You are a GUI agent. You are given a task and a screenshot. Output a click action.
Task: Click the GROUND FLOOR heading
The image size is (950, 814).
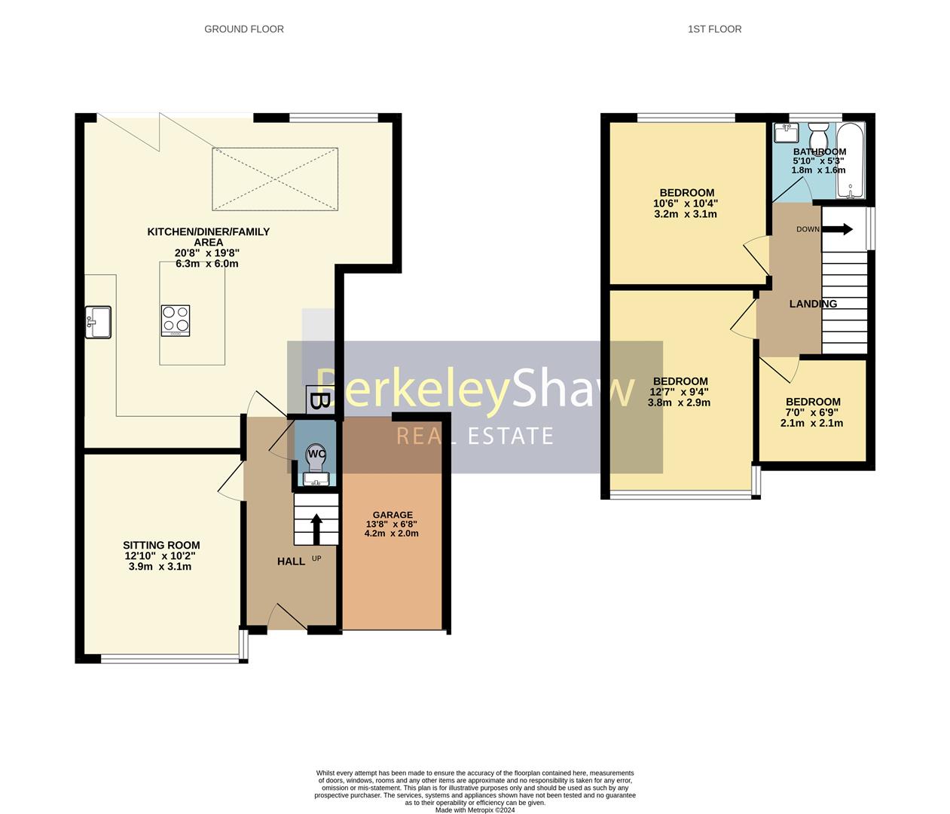tap(244, 29)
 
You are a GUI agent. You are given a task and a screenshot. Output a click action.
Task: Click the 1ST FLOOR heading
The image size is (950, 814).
tap(714, 29)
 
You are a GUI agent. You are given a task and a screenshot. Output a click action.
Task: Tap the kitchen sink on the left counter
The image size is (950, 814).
tap(98, 322)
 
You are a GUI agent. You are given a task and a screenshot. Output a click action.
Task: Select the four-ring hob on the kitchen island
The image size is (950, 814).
tap(175, 320)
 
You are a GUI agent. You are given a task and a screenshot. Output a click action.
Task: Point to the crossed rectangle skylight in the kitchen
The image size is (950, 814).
tap(274, 179)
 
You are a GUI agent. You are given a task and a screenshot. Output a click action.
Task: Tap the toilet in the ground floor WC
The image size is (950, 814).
tap(315, 457)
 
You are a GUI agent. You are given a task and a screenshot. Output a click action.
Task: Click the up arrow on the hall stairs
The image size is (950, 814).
tap(316, 528)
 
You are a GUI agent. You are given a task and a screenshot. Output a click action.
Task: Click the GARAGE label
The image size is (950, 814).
tap(393, 516)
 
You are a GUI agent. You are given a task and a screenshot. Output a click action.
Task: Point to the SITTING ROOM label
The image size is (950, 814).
tap(161, 546)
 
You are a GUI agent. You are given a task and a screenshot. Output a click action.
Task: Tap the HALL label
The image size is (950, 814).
tap(291, 562)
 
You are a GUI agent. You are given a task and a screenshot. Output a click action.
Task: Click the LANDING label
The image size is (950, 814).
tap(813, 304)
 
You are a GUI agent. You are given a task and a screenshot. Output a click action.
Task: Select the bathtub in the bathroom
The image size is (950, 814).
tap(851, 161)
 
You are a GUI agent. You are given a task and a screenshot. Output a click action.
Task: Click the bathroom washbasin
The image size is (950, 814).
tap(787, 133)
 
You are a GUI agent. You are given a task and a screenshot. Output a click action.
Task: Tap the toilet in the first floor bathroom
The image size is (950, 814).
tap(818, 138)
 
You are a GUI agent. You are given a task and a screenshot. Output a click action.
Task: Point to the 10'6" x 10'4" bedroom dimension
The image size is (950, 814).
tap(686, 203)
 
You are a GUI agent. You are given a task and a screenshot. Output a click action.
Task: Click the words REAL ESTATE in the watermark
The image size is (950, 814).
tap(475, 436)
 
